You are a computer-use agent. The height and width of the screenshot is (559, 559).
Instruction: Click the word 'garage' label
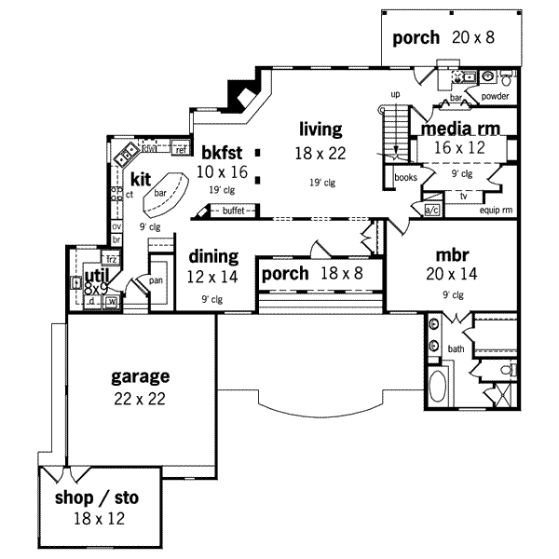coord(141,376)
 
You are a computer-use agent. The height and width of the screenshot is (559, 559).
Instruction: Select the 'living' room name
coord(320,129)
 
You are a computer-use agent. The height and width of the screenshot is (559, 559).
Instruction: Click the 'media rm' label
coord(461,128)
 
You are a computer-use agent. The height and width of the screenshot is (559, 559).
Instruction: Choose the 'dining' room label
coord(213,256)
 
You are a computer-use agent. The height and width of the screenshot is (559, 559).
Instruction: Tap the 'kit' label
coord(141,179)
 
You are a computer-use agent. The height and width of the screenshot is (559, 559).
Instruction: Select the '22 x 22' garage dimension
coord(141,398)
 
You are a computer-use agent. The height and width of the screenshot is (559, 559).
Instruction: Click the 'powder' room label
coord(495,95)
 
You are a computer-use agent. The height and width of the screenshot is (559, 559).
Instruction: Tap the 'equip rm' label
coord(496,211)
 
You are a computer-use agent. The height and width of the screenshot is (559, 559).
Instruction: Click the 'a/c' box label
coord(431,211)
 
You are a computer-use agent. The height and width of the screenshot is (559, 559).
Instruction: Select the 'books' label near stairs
coord(405,176)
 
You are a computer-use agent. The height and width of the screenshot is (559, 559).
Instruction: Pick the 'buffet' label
coord(235,211)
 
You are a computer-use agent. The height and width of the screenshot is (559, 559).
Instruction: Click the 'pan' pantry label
coord(157,279)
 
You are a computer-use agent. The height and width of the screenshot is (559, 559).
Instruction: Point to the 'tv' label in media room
coord(463,196)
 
